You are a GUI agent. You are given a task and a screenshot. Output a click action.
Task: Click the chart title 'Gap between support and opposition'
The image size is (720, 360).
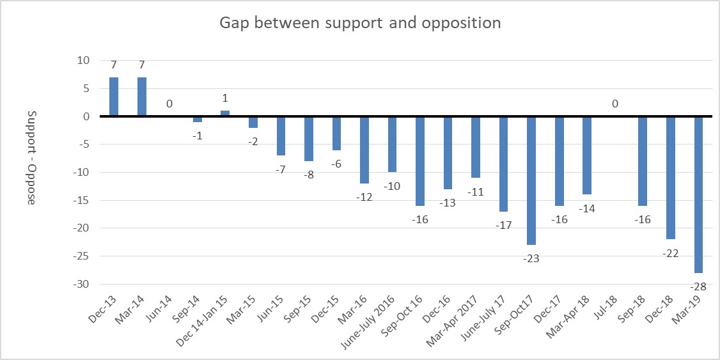pyautogui.click(x=360, y=23)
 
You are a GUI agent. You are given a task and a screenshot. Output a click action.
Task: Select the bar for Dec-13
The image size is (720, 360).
pyautogui.click(x=114, y=97)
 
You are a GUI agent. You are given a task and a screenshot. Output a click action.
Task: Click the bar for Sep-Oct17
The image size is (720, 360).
pyautogui.click(x=531, y=181)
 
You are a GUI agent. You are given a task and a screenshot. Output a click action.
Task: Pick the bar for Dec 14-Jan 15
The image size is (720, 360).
pyautogui.click(x=225, y=114)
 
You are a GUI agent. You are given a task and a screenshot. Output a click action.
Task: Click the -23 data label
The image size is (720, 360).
pyautogui.click(x=531, y=258)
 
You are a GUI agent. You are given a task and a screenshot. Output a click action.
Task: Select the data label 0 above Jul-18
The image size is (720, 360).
pyautogui.click(x=614, y=104)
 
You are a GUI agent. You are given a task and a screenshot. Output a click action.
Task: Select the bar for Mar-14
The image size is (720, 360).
pyautogui.click(x=142, y=97)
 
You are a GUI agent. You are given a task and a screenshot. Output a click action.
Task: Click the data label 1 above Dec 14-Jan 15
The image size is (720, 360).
pyautogui.click(x=225, y=98)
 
